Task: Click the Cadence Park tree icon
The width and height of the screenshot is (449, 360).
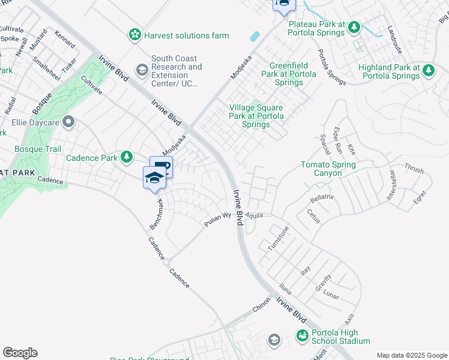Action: (126, 157)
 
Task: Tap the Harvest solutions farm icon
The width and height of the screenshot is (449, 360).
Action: (136, 35)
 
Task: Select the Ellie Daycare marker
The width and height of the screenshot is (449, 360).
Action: (68, 123)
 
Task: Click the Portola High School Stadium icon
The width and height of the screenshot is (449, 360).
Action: (302, 335)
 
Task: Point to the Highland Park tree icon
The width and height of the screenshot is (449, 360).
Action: (429, 71)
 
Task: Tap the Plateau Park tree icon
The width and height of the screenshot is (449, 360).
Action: (354, 27)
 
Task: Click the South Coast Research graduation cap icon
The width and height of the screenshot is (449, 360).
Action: (142, 71)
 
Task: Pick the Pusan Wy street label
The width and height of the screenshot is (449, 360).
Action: (217, 219)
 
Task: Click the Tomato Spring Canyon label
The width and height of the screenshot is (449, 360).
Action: (328, 169)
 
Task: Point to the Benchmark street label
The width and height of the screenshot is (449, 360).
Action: (157, 213)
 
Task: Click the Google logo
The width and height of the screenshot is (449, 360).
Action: (20, 353)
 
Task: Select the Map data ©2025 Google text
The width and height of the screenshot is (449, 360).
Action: (412, 355)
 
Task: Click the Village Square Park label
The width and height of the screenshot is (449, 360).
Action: (256, 116)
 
